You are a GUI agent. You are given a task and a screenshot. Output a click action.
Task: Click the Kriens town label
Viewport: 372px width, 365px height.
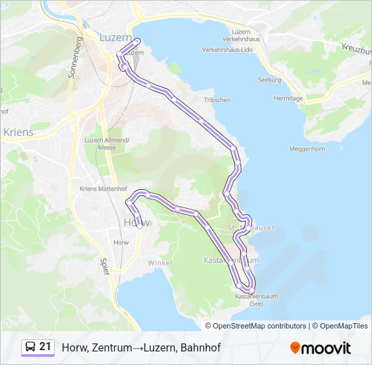[x=18, y=132]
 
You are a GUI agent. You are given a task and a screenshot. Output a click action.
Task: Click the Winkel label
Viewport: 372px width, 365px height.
[x=160, y=262]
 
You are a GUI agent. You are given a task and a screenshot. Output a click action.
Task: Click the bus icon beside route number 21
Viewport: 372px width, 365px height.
[x=30, y=347]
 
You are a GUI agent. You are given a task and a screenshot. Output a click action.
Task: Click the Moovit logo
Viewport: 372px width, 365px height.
[x=321, y=347]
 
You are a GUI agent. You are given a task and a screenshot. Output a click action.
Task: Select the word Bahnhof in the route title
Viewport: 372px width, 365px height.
[x=201, y=347]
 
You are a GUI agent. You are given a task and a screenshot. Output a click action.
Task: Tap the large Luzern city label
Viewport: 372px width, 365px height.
[x=115, y=39]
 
